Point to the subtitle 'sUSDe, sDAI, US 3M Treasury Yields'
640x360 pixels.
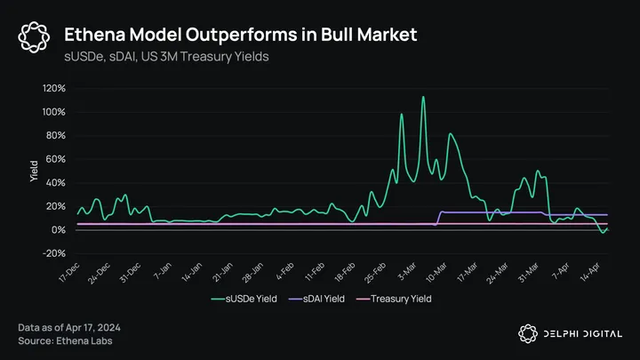tap(167, 56)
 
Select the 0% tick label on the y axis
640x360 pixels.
tap(57, 230)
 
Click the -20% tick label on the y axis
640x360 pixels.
tap(53, 253)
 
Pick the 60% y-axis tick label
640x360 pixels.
tap(54, 159)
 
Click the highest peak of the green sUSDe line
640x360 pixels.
tap(423, 97)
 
